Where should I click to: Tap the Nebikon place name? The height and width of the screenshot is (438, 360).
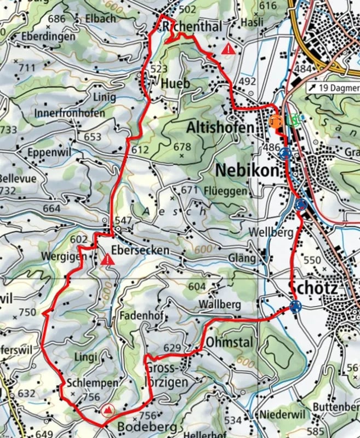coord(247,170)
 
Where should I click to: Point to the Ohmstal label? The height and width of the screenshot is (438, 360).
coord(230,343)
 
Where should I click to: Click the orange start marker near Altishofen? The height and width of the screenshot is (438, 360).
coord(276,120)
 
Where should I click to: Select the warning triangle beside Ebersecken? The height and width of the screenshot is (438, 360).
coord(108,258)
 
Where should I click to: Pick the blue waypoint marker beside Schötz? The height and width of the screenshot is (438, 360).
coord(295,307)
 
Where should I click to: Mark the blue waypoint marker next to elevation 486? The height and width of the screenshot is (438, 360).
coord(284,154)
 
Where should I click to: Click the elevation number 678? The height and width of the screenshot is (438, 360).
coord(182,147)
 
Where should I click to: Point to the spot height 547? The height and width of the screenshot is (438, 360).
coord(124,220)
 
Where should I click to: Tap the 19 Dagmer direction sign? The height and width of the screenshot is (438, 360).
coord(332,88)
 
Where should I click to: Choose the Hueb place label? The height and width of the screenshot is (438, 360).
coord(175,84)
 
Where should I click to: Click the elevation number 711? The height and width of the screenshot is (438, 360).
coord(27,67)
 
